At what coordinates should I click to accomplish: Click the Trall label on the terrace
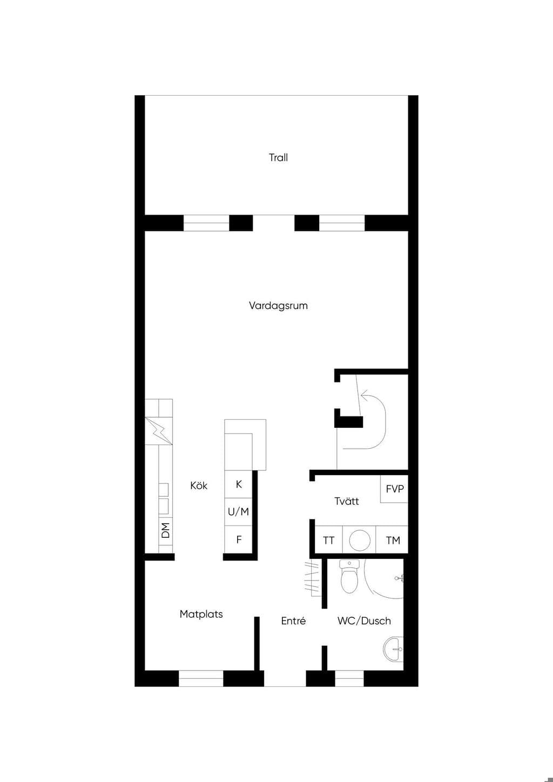click(x=278, y=158)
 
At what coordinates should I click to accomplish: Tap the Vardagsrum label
click(x=278, y=306)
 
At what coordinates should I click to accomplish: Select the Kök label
click(x=199, y=486)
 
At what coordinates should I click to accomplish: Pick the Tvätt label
click(x=346, y=501)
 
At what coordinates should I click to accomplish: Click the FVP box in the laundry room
click(x=394, y=489)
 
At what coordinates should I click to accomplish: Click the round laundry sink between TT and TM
click(x=360, y=540)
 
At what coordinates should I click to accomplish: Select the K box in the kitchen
click(x=238, y=484)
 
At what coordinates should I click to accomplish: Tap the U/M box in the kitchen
click(x=238, y=512)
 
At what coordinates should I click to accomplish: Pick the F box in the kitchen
click(x=238, y=540)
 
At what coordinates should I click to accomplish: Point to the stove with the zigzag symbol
click(x=158, y=431)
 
